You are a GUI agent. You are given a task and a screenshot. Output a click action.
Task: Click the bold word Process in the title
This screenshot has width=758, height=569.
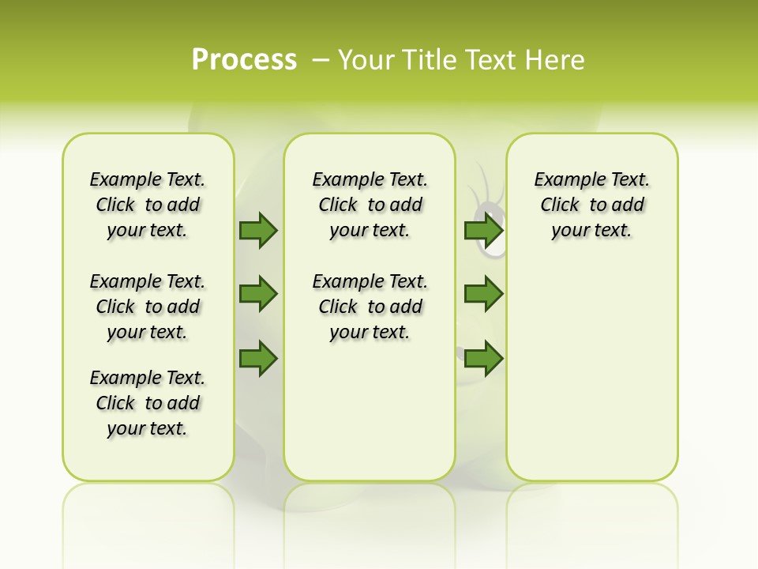[x=244, y=60]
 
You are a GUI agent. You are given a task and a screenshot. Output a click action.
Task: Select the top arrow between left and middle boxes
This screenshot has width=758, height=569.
[x=258, y=230]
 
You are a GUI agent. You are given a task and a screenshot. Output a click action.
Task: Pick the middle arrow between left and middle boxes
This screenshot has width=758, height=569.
[x=258, y=294]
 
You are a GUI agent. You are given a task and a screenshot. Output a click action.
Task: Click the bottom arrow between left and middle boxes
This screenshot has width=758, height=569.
[x=258, y=358]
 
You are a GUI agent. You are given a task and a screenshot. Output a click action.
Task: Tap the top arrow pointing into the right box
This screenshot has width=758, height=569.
[x=483, y=230]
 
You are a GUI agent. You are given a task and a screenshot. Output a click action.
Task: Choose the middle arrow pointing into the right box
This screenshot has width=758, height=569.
[x=483, y=294]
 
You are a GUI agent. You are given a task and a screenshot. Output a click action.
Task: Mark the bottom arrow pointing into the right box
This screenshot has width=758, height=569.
[x=483, y=358]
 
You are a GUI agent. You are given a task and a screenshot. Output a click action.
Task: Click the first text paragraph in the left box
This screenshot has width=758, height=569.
[x=148, y=205]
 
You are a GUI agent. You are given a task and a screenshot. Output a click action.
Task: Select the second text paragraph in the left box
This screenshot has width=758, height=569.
[x=148, y=307]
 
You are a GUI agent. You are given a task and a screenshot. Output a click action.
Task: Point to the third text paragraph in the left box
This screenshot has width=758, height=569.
[x=148, y=403]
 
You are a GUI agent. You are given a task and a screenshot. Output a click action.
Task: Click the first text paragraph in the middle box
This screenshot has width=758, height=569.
[x=370, y=205]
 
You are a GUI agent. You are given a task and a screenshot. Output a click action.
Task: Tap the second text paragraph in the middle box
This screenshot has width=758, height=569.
[x=370, y=307]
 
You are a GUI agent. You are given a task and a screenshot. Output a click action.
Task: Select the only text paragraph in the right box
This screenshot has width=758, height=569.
[x=591, y=205]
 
